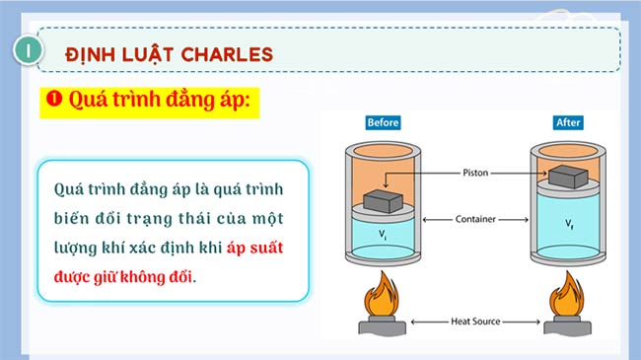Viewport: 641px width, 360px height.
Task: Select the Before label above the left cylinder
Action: pyautogui.click(x=383, y=123)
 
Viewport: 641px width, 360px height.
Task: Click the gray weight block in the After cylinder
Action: pyautogui.click(x=567, y=178)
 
